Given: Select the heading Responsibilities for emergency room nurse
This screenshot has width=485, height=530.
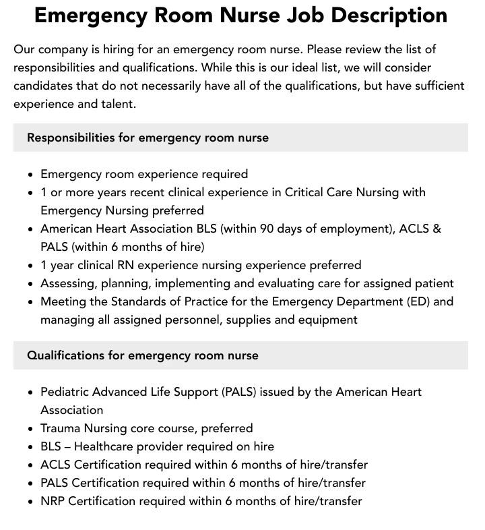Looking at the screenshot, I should [148, 138].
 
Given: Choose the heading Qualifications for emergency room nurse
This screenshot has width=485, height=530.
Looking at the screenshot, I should [142, 355].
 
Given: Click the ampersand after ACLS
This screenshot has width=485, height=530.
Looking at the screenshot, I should [437, 229].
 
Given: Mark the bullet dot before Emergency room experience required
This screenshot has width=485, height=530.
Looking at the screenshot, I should [31, 175].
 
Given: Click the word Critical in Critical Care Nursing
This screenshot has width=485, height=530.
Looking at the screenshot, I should [306, 192].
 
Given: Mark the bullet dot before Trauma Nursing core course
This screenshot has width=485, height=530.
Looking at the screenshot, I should [31, 429].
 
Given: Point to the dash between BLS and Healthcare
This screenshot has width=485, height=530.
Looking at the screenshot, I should [67, 446].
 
